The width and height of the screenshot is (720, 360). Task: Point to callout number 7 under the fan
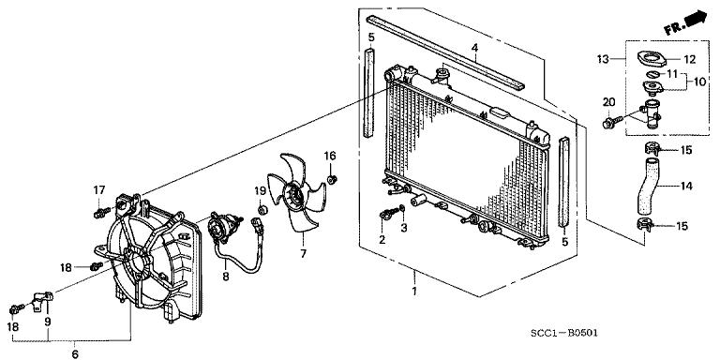click(303, 253)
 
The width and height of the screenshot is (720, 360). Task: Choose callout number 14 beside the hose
click(687, 187)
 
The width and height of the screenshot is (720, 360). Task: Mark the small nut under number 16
click(335, 178)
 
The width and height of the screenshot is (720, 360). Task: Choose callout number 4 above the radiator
click(474, 49)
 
